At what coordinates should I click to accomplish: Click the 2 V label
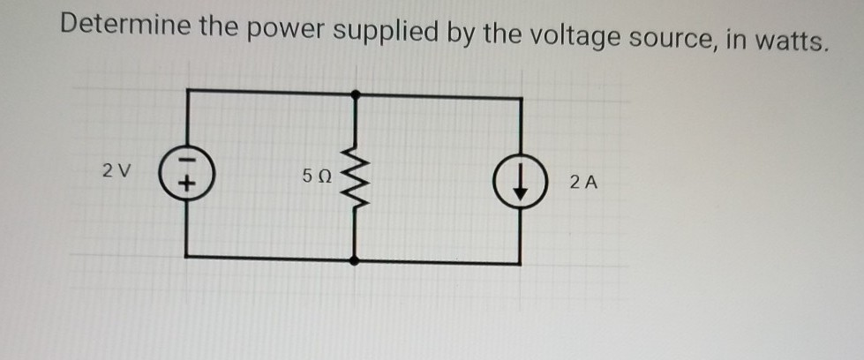pyautogui.click(x=115, y=170)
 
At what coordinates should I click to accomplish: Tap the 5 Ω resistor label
pyautogui.click(x=315, y=176)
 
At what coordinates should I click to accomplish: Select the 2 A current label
pyautogui.click(x=583, y=184)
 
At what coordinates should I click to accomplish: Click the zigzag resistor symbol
pyautogui.click(x=355, y=176)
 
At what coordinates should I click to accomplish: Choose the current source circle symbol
pyautogui.click(x=519, y=181)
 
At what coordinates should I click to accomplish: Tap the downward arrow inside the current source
pyautogui.click(x=519, y=181)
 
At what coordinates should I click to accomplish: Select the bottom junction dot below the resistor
pyautogui.click(x=355, y=261)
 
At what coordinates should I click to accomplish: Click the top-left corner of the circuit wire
pyautogui.click(x=187, y=90)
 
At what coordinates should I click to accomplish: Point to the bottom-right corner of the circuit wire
pyautogui.click(x=519, y=262)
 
